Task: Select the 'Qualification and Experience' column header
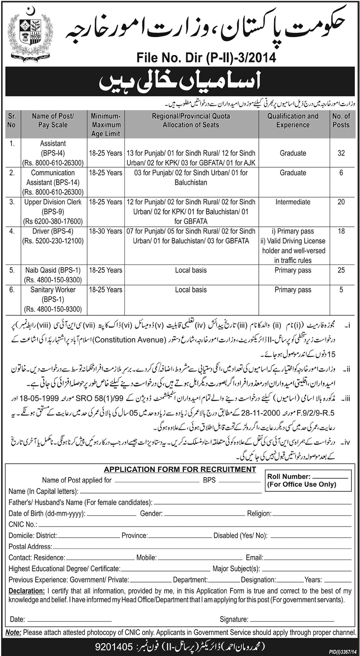(x=293, y=121)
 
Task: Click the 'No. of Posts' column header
(x=341, y=121)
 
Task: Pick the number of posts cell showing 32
(x=341, y=153)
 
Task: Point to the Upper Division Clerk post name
(x=53, y=202)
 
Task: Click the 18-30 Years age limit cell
(x=106, y=231)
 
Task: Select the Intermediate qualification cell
(x=293, y=202)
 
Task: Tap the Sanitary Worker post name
(x=53, y=290)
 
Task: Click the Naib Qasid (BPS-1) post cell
(x=53, y=270)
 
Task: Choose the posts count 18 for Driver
(x=341, y=231)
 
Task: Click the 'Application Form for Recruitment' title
(x=180, y=469)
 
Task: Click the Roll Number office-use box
(x=302, y=481)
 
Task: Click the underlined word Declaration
(x=27, y=591)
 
